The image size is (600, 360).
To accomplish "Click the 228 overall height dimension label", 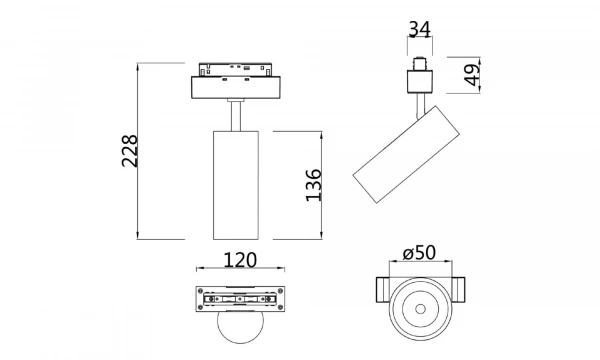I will click(128, 151).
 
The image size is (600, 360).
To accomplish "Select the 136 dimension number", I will click(312, 185).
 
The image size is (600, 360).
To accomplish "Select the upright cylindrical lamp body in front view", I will click(236, 185).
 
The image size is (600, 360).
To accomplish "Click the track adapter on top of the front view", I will click(236, 83).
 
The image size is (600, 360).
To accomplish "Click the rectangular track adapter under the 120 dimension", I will click(237, 299).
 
